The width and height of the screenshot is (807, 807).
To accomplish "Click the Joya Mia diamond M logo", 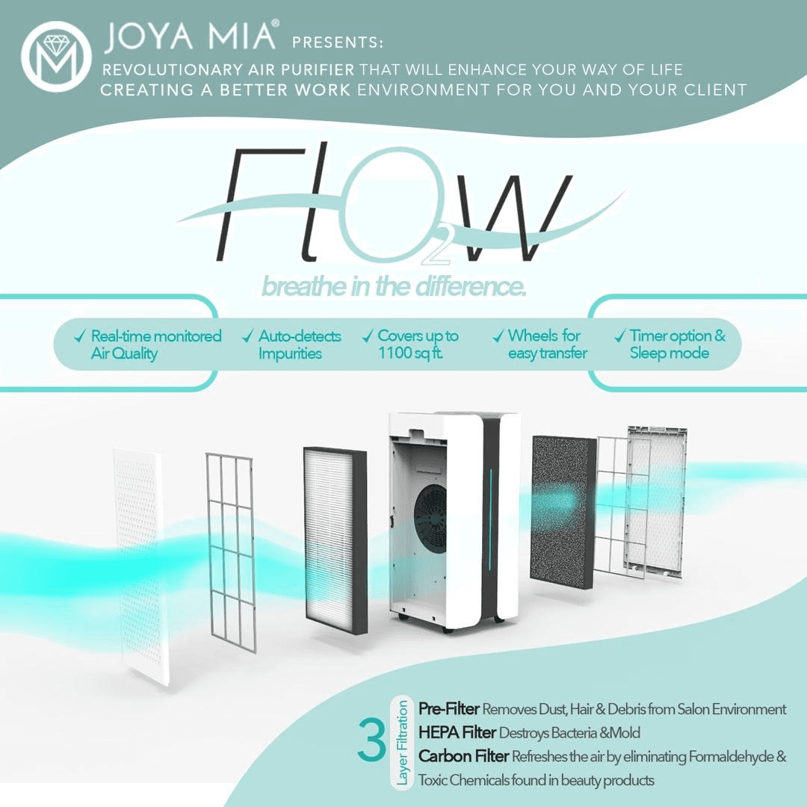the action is [56, 57].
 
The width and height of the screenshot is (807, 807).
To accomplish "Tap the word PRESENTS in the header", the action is [337, 43].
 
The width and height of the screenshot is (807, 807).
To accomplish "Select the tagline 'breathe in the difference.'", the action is [395, 287].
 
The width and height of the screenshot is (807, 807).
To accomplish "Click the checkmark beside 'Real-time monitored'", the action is [80, 336].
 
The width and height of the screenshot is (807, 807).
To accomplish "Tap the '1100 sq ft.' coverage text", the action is [411, 353].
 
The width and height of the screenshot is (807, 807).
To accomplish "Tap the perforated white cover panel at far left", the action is [140, 566].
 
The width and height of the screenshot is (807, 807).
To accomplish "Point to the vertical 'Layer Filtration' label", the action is [402, 743].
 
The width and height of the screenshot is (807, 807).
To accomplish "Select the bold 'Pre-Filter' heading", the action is [449, 708].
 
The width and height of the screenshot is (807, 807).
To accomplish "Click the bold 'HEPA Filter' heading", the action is [457, 732].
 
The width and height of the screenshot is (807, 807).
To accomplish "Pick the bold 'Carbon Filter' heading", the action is [464, 756].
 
